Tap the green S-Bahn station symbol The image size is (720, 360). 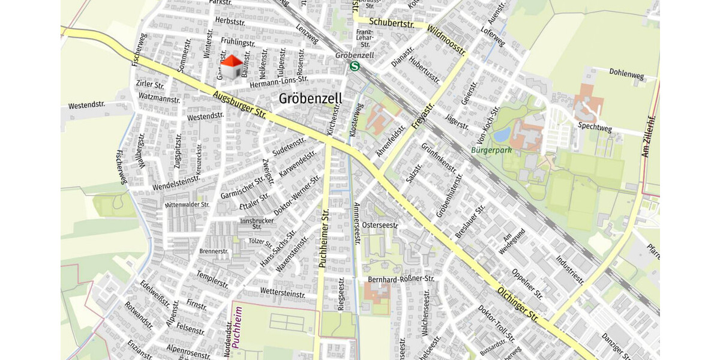(x=355, y=67)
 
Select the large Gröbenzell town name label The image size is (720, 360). (x=310, y=98)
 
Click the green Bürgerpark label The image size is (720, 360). (x=491, y=150)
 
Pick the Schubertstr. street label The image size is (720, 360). (x=392, y=23)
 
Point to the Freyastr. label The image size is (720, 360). (x=424, y=116)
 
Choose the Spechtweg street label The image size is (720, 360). (x=595, y=127)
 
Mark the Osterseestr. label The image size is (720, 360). (x=380, y=225)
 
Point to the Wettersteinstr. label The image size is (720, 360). (x=283, y=292)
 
